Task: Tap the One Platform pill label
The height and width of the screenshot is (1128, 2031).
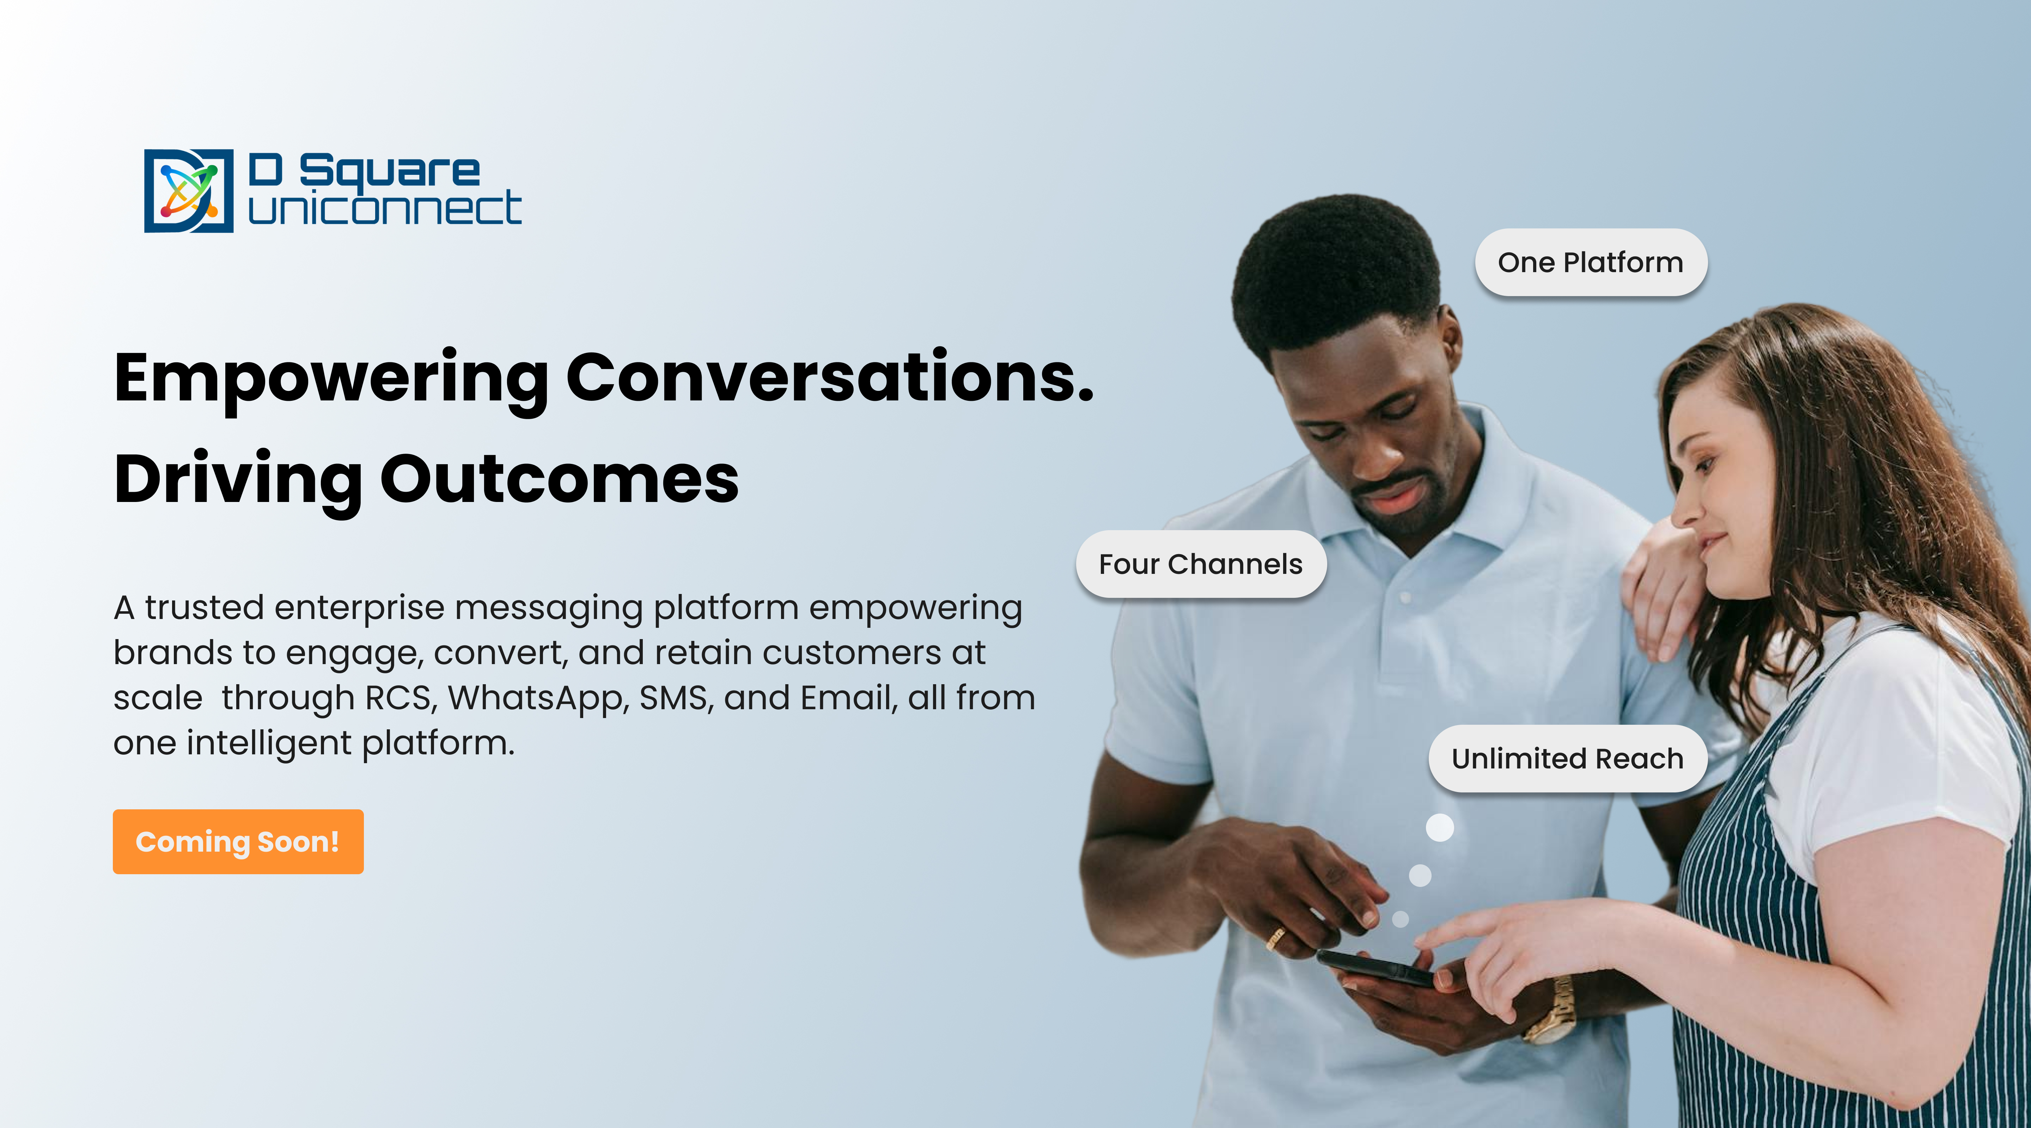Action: tap(1591, 263)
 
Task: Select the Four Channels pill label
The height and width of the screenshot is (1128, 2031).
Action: tap(1201, 564)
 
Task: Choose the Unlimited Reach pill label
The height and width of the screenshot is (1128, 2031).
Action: tap(1567, 758)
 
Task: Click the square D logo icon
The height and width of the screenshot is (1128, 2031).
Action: tap(188, 191)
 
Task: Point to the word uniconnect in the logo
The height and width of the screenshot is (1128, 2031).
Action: tap(385, 208)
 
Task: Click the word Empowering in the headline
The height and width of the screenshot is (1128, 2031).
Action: tap(331, 380)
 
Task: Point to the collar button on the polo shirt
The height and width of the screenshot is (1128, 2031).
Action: tap(1406, 597)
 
